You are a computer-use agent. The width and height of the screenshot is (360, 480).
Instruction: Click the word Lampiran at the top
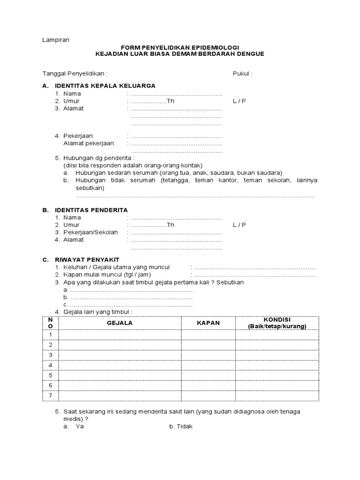click(x=56, y=40)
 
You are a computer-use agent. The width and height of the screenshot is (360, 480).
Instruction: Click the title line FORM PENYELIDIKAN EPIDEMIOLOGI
click(x=180, y=47)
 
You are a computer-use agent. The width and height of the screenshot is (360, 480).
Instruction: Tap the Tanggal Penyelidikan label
click(x=75, y=74)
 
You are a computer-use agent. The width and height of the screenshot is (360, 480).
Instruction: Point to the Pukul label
click(x=242, y=74)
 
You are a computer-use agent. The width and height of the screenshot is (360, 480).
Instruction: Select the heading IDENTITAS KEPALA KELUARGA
click(x=105, y=86)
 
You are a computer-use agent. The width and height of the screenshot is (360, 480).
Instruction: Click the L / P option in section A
click(x=239, y=101)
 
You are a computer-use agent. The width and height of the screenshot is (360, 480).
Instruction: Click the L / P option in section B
click(x=239, y=225)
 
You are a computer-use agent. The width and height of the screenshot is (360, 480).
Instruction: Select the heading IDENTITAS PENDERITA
click(x=91, y=210)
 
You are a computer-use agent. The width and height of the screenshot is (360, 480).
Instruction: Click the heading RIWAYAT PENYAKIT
click(x=87, y=260)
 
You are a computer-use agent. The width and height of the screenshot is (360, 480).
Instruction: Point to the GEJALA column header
click(x=120, y=323)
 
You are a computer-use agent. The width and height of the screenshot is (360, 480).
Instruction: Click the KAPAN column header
click(x=208, y=323)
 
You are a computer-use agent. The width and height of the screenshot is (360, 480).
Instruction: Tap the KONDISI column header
click(x=277, y=323)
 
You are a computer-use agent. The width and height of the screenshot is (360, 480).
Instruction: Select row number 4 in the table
click(x=50, y=365)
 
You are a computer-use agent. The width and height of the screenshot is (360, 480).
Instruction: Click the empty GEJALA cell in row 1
click(x=120, y=335)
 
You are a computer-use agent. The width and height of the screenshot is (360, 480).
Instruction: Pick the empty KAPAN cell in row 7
click(x=208, y=396)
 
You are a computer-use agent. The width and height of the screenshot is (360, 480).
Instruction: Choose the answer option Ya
click(x=79, y=427)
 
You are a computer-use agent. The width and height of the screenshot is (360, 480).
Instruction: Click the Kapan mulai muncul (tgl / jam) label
click(x=107, y=275)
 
